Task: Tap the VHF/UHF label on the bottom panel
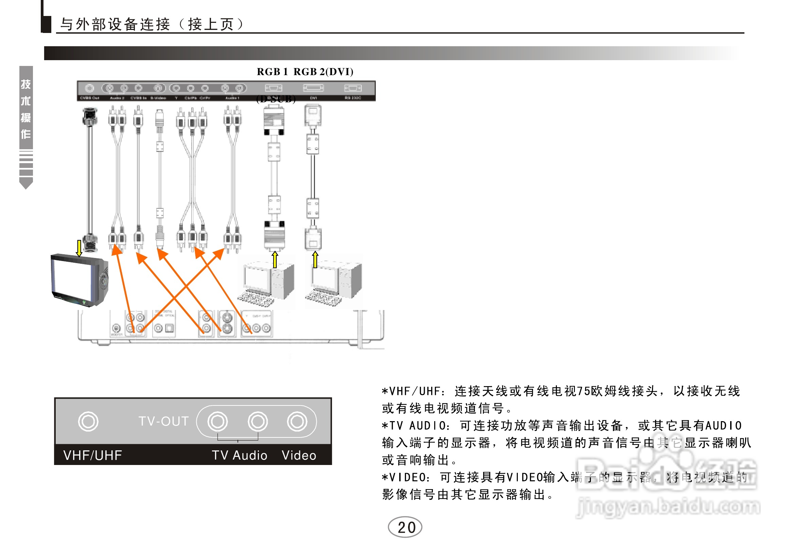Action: point(93,455)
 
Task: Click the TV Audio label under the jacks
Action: point(240,455)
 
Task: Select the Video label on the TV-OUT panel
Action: point(299,455)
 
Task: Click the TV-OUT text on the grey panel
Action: point(164,421)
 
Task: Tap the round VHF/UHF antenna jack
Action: point(88,421)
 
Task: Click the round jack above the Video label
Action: point(297,421)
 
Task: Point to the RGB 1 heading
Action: point(272,72)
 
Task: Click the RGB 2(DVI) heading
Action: point(323,72)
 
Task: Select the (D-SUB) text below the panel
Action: point(276,99)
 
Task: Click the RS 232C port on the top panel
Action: point(353,88)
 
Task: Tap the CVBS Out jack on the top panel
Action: point(90,88)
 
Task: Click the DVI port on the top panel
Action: point(313,88)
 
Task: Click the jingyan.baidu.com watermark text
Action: point(668,506)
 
